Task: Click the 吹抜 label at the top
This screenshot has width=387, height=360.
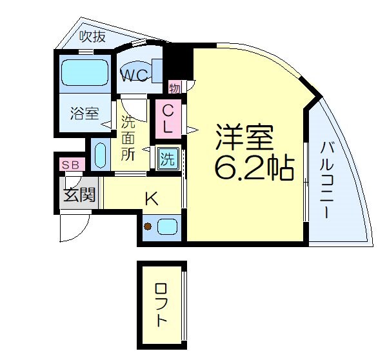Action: point(92,37)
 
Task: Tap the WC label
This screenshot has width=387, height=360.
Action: point(137,75)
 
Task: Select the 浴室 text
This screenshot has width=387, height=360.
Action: point(84,114)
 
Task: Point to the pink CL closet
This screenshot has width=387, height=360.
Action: point(166,119)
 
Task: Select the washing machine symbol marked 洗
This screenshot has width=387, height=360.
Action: point(168,158)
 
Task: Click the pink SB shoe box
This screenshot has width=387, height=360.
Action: point(70,165)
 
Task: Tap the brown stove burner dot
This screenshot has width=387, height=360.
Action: point(148,226)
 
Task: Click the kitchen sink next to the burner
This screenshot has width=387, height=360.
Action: point(167,226)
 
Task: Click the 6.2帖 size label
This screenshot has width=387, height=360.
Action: point(253,168)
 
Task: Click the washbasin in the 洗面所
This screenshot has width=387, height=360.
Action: point(100,155)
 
